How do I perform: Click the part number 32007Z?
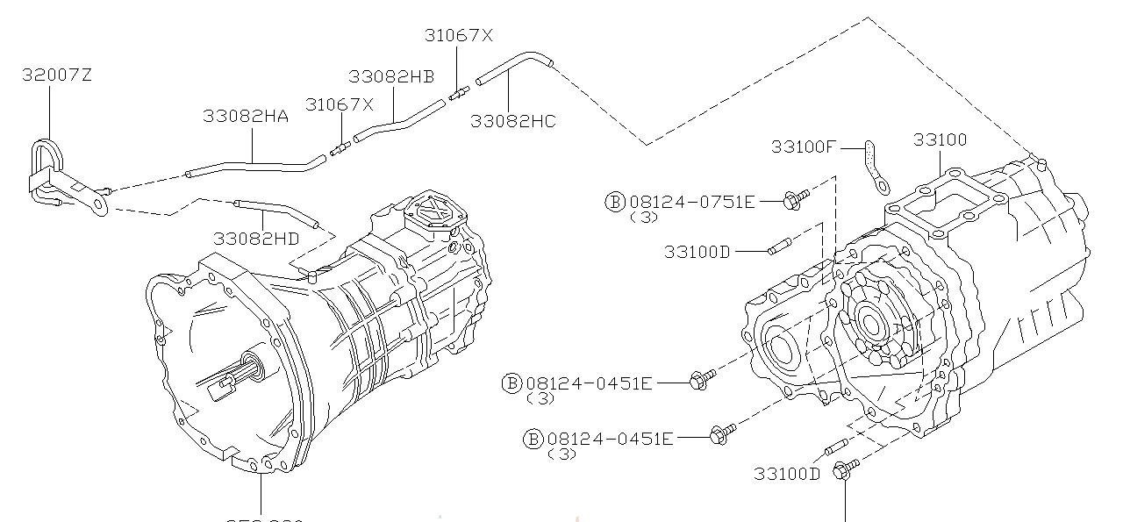pos(56,75)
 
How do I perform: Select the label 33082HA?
pos(246,116)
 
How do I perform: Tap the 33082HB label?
pos(391,76)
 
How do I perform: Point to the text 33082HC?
pos(513,122)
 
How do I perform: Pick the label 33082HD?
pos(255,238)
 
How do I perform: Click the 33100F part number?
pos(804,147)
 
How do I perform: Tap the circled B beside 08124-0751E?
pos(614,201)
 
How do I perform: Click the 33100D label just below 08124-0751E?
pos(697,252)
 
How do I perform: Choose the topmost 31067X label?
pos(459,36)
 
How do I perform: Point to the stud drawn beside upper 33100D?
pos(779,250)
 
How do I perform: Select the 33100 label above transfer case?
pos(940,139)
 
